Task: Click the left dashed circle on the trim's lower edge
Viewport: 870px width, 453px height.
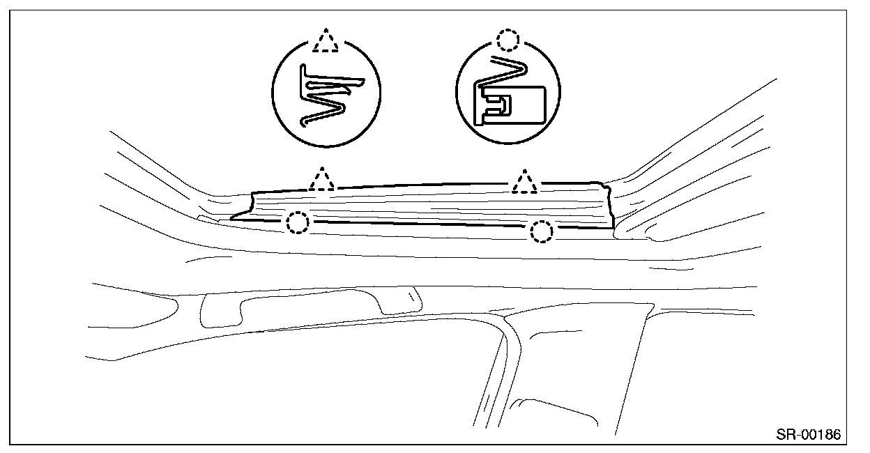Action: click(298, 222)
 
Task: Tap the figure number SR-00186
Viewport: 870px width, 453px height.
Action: click(809, 435)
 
